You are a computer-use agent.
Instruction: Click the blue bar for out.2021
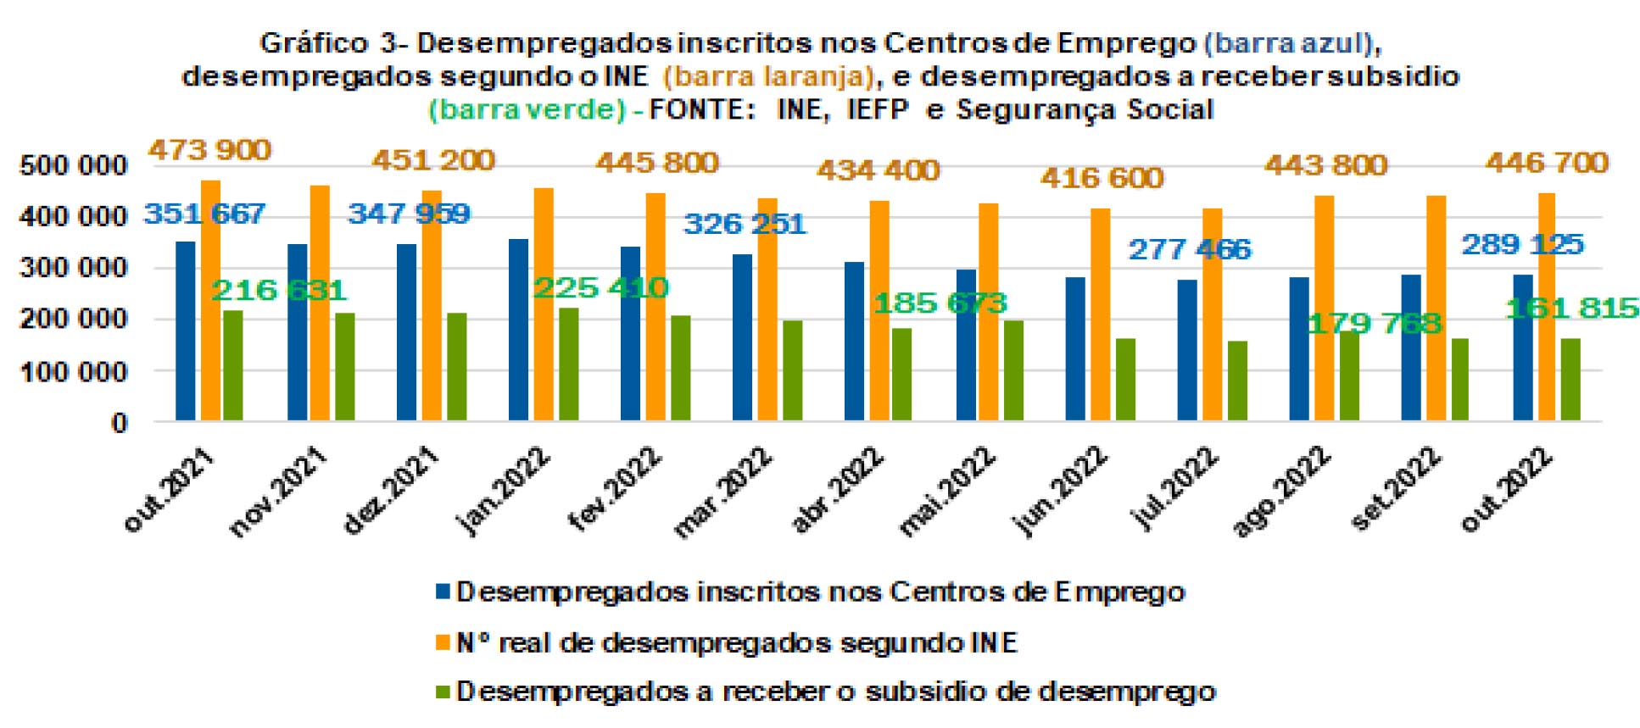coord(185,331)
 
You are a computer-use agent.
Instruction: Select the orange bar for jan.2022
coord(544,304)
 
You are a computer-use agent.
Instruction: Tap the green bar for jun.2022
coord(1125,380)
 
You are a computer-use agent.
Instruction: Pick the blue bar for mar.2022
coord(742,337)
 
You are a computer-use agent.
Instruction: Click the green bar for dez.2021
coord(456,367)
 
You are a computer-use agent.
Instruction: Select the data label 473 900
coord(209,150)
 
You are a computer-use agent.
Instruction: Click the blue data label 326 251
coord(745,224)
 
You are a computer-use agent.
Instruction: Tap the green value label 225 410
coord(600,288)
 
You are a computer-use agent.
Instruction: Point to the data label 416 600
coord(1102,178)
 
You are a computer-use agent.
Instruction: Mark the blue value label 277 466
coord(1189,249)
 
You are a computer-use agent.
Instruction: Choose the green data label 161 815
coord(1571,308)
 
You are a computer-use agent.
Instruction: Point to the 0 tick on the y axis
coord(119,423)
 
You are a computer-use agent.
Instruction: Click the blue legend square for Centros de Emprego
coord(443,592)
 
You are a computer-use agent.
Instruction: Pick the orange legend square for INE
coord(443,642)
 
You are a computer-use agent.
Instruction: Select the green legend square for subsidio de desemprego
coord(443,692)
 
